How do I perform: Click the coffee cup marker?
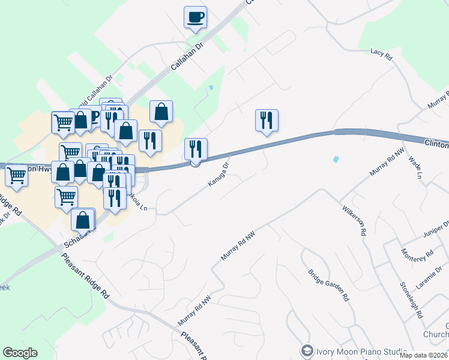point(196,17)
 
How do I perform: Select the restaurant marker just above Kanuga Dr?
point(196,149)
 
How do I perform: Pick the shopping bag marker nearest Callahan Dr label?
point(161,111)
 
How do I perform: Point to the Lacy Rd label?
point(381,56)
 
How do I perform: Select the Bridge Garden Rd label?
point(329,284)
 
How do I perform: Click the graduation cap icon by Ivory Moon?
point(307,350)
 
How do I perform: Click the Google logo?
point(20,353)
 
